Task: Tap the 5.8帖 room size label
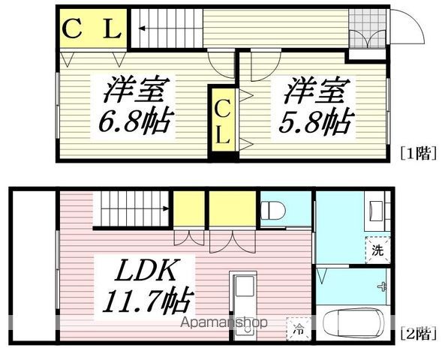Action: click(314, 120)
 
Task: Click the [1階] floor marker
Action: click(418, 154)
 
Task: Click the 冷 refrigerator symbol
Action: click(299, 328)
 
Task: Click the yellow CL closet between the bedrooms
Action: click(223, 124)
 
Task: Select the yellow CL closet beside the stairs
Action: click(91, 31)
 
